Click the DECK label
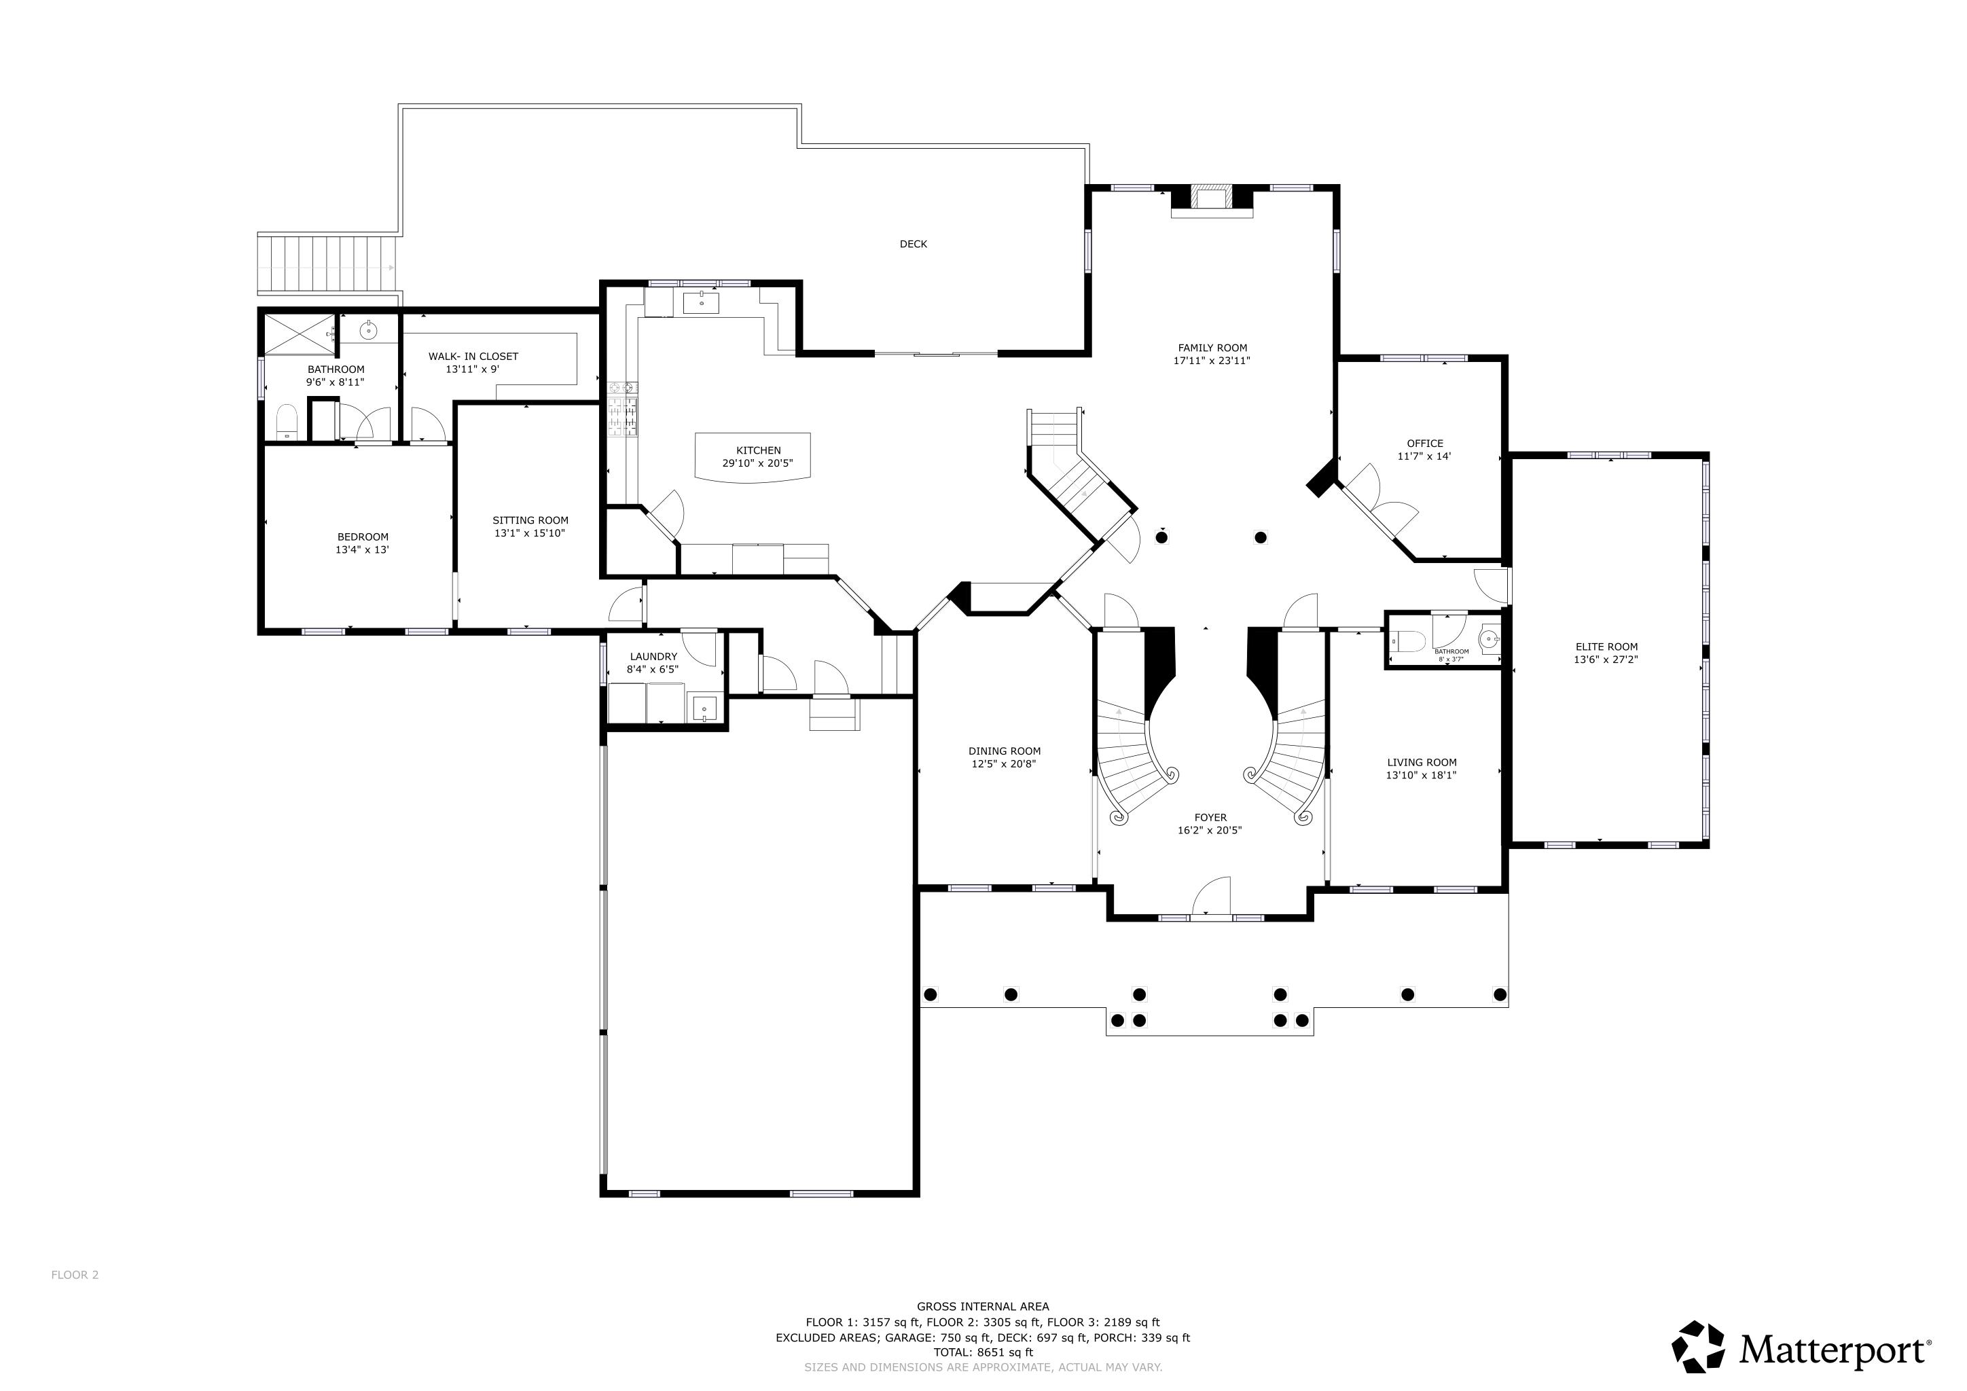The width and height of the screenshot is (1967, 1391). point(914,244)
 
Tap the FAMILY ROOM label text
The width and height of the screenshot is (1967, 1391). point(1212,348)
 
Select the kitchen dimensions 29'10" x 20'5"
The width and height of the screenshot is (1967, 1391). point(757,463)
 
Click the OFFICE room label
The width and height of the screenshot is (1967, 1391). point(1425,443)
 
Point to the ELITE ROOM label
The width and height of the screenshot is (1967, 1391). point(1606,647)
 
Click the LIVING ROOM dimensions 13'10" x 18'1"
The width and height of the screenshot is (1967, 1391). point(1422,775)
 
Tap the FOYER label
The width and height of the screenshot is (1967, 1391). point(1210,817)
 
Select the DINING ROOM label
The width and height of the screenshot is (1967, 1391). point(1004,751)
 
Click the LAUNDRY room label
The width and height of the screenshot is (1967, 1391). point(653,656)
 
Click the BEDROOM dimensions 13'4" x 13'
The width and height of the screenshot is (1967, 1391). point(363,550)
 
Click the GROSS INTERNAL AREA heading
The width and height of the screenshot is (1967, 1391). point(983,1306)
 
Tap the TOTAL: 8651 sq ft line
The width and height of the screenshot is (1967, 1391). point(983,1352)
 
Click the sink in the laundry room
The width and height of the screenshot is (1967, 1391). point(704,708)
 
